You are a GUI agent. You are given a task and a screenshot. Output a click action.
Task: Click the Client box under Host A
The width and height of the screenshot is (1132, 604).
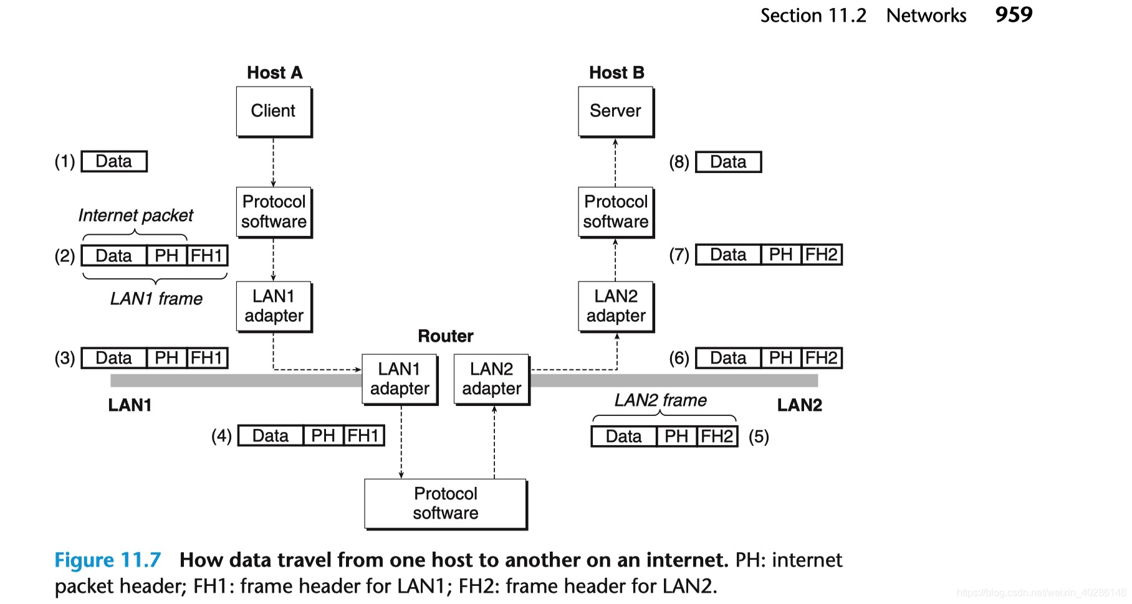pos(273,111)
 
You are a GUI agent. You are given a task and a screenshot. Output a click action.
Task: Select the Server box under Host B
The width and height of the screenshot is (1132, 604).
pos(615,111)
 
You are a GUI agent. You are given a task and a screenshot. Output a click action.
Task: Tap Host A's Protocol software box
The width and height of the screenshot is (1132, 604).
pos(274,212)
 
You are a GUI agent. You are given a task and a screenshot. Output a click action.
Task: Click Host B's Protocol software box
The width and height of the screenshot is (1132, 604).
pos(615,212)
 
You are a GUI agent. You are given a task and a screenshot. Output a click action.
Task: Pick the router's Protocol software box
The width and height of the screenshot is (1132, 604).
pos(445,503)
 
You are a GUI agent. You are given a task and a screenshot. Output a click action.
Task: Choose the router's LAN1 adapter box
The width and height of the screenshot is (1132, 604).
pos(400,379)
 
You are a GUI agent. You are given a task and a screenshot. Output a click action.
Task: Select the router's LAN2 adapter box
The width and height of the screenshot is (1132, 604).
pos(491,379)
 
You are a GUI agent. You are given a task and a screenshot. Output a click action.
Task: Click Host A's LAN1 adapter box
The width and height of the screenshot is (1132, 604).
pos(274,306)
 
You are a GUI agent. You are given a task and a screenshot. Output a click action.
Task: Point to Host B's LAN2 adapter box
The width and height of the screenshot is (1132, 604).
pos(615,306)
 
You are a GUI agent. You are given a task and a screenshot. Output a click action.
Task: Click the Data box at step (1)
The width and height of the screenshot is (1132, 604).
pos(114,161)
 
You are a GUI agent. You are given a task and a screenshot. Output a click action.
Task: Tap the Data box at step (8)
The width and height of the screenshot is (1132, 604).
pos(728,162)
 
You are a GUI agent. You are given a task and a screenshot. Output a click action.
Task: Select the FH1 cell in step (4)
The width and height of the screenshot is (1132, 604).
pos(363,435)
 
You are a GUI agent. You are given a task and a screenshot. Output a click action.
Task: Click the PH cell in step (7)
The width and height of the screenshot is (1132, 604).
pos(780,255)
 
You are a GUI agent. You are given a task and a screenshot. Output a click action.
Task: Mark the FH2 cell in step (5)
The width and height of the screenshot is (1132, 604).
pos(717,436)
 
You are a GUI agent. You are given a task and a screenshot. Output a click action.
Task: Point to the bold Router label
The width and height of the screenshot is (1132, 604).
pos(445,336)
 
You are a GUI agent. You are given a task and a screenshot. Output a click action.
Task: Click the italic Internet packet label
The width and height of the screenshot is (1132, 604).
pos(135,215)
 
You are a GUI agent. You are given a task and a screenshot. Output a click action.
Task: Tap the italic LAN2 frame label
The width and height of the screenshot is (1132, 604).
pos(660,400)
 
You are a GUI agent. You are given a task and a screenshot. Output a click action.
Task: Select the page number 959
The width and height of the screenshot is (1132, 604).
pos(1014,15)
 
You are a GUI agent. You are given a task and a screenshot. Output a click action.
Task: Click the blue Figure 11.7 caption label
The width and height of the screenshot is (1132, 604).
pos(107,560)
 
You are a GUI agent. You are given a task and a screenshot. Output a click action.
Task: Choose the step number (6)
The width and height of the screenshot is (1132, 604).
pos(679,358)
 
